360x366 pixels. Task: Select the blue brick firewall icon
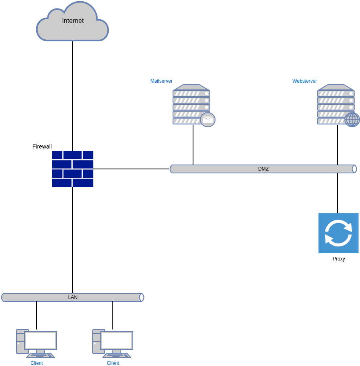click(x=73, y=169)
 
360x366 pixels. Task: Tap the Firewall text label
click(x=42, y=146)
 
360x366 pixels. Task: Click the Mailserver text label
click(x=161, y=81)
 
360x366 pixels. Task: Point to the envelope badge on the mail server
click(x=207, y=120)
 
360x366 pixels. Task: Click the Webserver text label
click(x=305, y=81)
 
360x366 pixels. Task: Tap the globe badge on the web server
click(x=352, y=120)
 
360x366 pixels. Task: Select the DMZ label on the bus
click(x=263, y=169)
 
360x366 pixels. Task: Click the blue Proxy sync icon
click(x=338, y=233)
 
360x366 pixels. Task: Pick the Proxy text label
click(x=339, y=258)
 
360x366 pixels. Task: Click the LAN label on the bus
click(x=73, y=297)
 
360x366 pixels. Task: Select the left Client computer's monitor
click(x=41, y=341)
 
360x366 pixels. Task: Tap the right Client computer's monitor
click(x=117, y=341)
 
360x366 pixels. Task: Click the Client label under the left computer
click(x=37, y=363)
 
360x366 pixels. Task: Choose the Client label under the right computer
click(x=113, y=363)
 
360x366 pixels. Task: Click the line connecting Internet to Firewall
click(x=73, y=96)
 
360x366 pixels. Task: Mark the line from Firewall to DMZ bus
click(x=131, y=169)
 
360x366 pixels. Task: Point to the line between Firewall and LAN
click(x=73, y=240)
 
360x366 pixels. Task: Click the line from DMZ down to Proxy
click(x=338, y=193)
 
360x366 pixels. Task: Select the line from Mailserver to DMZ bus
click(x=193, y=145)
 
